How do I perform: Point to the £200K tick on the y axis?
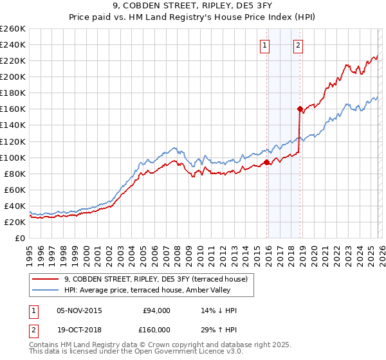[13, 76]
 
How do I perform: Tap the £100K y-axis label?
[13, 157]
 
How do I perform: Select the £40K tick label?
[15, 206]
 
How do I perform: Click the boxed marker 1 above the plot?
[265, 45]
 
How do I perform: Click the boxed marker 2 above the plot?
[299, 45]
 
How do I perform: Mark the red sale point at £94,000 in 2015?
[266, 162]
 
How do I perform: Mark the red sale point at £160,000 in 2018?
[300, 109]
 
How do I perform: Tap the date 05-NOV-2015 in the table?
[80, 310]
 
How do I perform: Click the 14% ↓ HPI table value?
[219, 310]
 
